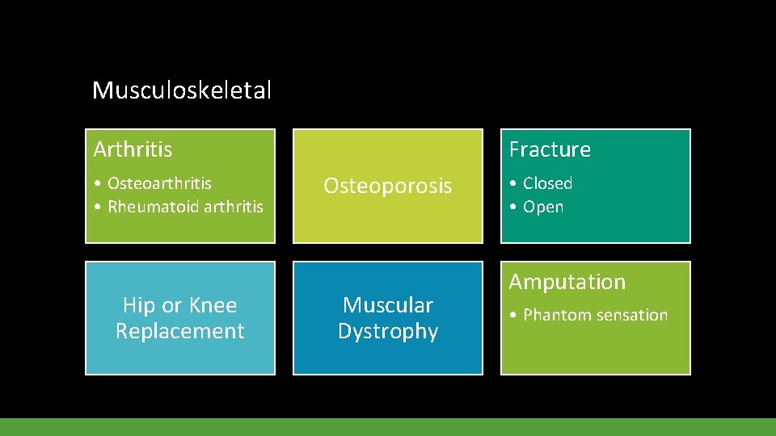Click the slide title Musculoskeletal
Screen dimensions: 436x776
tap(182, 90)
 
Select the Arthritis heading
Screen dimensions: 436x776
tap(133, 149)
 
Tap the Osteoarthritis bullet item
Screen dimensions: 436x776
tap(159, 183)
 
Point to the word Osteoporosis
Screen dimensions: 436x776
tap(387, 186)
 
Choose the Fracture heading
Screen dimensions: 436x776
tap(550, 149)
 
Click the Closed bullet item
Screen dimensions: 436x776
tap(547, 183)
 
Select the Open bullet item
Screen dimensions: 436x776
tap(543, 207)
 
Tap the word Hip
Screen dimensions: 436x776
tap(140, 305)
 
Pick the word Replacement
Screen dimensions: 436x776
tap(179, 331)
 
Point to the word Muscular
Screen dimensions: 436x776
tap(388, 305)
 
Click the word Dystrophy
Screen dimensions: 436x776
tap(388, 331)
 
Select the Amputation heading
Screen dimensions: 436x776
tap(567, 282)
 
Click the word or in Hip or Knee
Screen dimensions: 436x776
tap(172, 306)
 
